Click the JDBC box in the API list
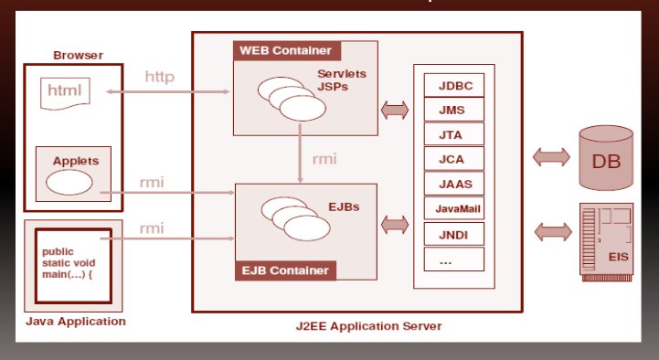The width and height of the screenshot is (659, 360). tap(454, 85)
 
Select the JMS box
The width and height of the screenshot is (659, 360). tap(454, 110)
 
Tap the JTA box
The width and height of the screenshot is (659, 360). tap(454, 134)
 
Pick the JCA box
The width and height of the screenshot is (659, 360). tap(454, 159)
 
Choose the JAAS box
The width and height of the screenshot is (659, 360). tap(454, 184)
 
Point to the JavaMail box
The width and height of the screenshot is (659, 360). tap(454, 208)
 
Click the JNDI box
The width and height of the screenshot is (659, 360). tap(454, 234)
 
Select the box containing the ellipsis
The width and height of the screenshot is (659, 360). tap(454, 259)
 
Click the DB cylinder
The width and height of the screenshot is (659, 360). tap(606, 158)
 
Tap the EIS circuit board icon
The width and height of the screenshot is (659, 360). tap(607, 242)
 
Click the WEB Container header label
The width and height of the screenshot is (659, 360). tap(287, 51)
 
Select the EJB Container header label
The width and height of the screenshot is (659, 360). tap(286, 270)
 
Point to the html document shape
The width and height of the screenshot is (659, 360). tap(65, 93)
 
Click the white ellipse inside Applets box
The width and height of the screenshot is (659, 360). tap(69, 183)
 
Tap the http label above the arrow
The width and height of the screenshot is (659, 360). tap(160, 77)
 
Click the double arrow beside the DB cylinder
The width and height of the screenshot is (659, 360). tap(551, 157)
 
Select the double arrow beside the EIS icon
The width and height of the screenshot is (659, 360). tap(553, 232)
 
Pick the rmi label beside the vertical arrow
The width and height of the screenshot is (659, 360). tap(324, 159)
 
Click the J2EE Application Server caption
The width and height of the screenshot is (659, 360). tap(368, 326)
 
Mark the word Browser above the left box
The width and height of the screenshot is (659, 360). tap(78, 56)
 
